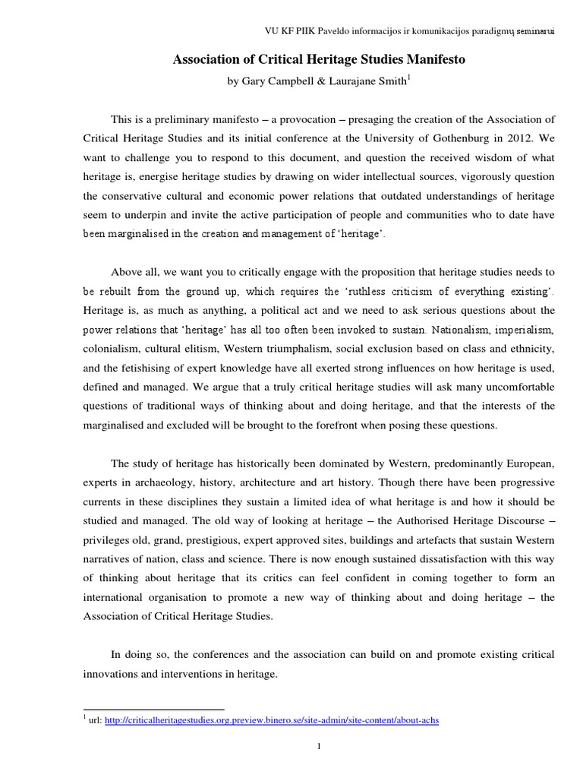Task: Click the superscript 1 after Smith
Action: coord(410,77)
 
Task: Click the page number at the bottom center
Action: coord(320,746)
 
